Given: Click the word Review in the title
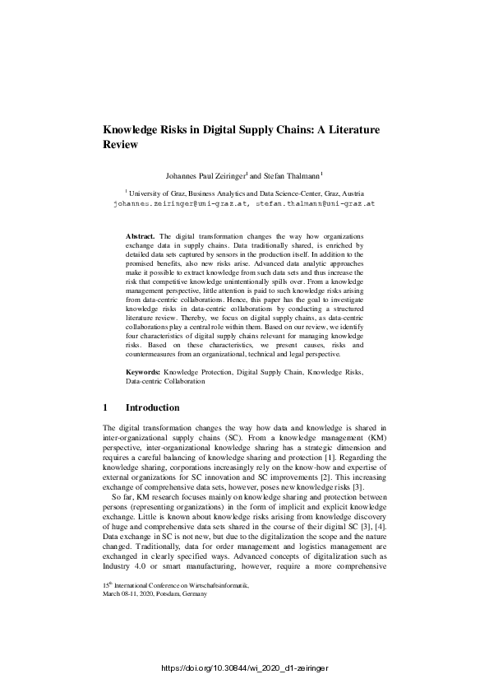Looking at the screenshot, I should [119, 143].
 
